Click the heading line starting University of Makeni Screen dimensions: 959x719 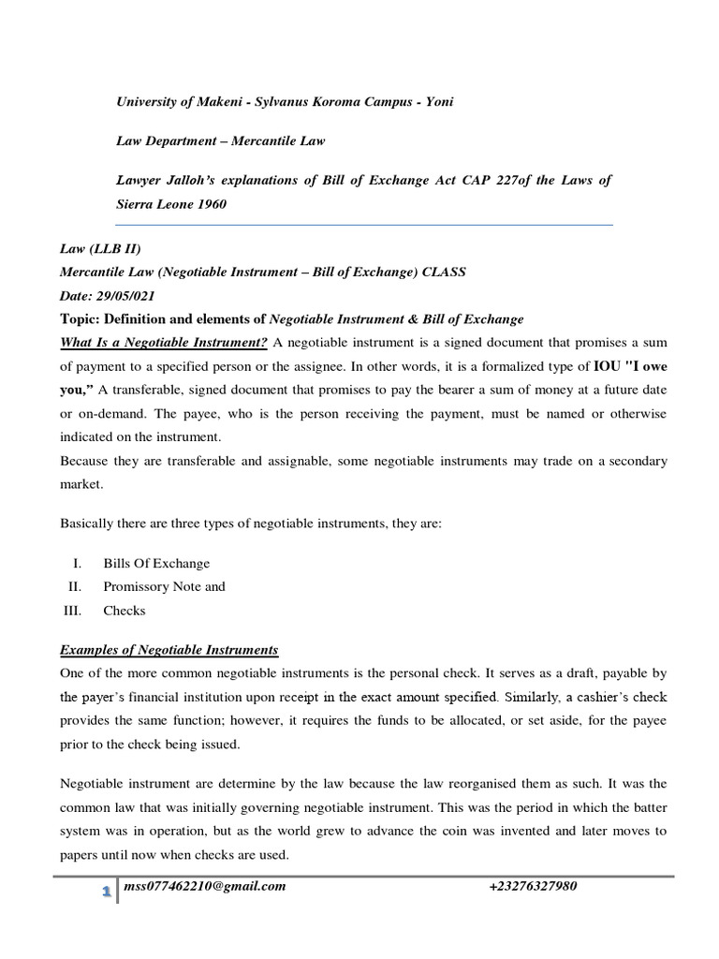284,101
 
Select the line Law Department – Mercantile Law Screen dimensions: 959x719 221,140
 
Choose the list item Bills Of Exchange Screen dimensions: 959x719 156,563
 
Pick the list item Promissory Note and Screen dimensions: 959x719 164,586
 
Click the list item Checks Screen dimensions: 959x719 125,610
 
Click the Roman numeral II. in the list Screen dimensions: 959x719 74,586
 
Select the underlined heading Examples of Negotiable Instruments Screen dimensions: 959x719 169,650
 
